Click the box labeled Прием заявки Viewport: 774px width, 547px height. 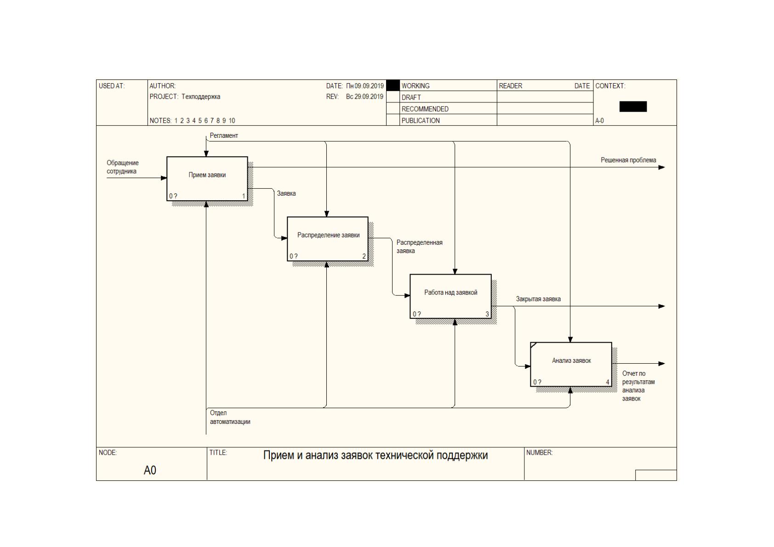[207, 179]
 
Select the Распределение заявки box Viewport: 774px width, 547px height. [328, 239]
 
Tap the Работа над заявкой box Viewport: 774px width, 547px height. [450, 296]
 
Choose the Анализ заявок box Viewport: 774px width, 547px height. [571, 364]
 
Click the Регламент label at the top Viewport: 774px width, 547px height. [224, 135]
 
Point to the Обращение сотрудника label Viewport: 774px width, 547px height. [123, 167]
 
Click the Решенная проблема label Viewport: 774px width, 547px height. [628, 160]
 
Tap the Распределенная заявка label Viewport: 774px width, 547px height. [419, 247]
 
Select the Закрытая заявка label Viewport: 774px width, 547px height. [538, 299]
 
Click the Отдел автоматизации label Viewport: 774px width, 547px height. [230, 417]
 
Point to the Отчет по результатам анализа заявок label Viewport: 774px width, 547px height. [638, 386]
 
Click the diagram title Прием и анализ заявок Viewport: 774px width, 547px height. [376, 456]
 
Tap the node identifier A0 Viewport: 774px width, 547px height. [150, 470]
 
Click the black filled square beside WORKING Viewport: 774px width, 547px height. [393, 85]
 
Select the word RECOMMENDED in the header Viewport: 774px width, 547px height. [425, 109]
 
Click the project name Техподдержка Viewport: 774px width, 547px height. [201, 97]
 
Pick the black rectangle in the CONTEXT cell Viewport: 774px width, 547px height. [633, 107]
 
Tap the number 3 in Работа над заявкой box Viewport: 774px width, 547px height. [487, 314]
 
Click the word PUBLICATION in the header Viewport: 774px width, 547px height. [421, 120]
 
